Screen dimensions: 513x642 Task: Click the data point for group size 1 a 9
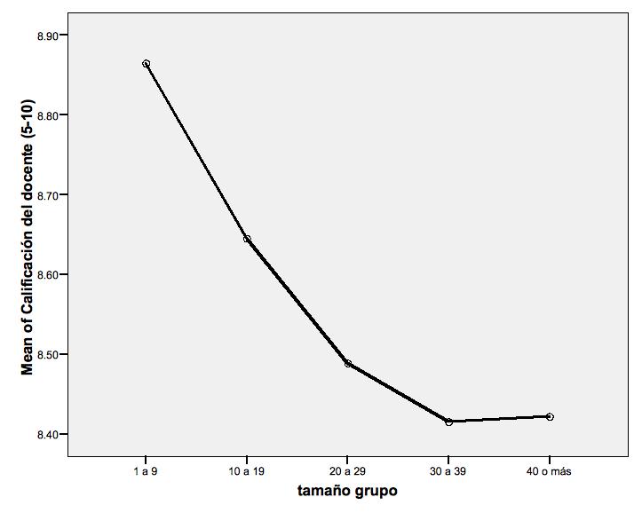(x=146, y=64)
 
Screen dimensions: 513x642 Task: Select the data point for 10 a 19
(x=247, y=239)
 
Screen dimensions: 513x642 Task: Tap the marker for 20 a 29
(x=348, y=364)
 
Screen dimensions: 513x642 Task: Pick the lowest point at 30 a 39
(x=449, y=422)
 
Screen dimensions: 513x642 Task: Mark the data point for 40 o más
(x=550, y=416)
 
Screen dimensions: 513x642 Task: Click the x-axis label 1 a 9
(x=146, y=471)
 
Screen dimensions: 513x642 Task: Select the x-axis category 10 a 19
(x=247, y=471)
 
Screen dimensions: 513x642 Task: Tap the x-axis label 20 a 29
(x=348, y=471)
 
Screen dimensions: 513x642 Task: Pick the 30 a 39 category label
(x=449, y=471)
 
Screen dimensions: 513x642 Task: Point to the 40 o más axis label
(x=550, y=471)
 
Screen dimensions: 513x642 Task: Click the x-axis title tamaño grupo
(x=347, y=491)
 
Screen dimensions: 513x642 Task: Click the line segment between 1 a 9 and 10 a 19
(x=196, y=151)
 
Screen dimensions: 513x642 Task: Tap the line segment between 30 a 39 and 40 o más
(x=499, y=419)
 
